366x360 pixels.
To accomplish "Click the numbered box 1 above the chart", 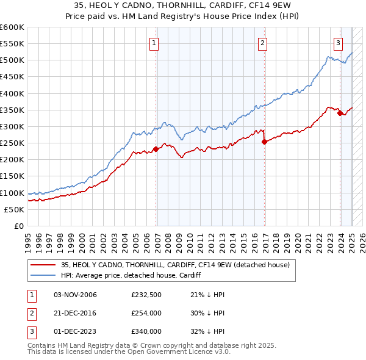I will coord(154,43).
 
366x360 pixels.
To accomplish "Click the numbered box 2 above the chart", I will coord(262,43).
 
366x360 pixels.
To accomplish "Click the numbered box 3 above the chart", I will coord(338,43).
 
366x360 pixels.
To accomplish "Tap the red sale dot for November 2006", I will coord(156,148).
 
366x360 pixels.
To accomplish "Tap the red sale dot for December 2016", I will coord(264,142).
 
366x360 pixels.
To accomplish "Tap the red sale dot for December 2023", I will coord(340,113).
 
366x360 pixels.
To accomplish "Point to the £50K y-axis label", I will coord(15,209).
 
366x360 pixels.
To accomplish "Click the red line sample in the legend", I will coord(42,265).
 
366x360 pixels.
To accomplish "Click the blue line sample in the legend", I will coord(42,275).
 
